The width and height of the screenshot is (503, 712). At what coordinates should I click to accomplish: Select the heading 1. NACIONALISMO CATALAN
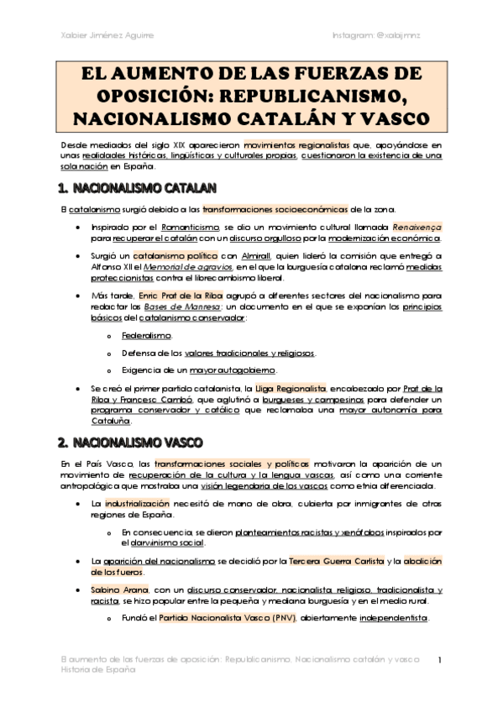[x=137, y=187]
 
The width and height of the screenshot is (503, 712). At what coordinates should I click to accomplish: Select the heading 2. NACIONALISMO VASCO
[x=131, y=442]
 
